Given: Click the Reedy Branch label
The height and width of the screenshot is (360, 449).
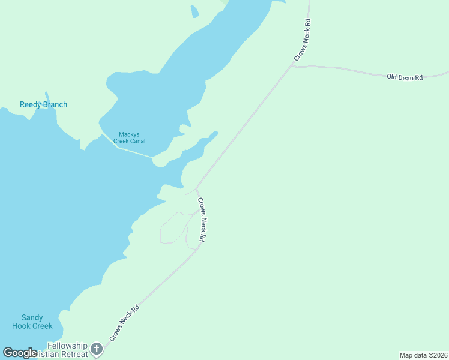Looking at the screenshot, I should pyautogui.click(x=43, y=104).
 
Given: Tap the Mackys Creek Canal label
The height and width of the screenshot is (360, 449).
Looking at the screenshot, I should pyautogui.click(x=132, y=137).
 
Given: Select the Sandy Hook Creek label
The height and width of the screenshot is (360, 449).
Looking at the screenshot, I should pyautogui.click(x=32, y=322).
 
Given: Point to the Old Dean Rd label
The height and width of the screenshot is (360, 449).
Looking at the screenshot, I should pyautogui.click(x=405, y=77).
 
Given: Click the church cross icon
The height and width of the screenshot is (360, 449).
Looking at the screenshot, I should pyautogui.click(x=97, y=348).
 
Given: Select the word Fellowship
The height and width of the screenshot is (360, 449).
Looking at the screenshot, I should pyautogui.click(x=67, y=346).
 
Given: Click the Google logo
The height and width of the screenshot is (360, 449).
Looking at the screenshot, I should pyautogui.click(x=20, y=353).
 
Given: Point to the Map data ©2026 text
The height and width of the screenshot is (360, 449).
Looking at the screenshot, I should pyautogui.click(x=423, y=355).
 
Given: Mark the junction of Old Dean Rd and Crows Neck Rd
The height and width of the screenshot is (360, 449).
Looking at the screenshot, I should pyautogui.click(x=293, y=65).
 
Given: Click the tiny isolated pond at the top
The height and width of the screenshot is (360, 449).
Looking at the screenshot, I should pyautogui.click(x=194, y=11).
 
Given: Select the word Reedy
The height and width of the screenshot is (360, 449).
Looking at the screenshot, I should pyautogui.click(x=31, y=104).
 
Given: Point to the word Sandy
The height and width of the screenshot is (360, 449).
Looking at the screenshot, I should pyautogui.click(x=32, y=317).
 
